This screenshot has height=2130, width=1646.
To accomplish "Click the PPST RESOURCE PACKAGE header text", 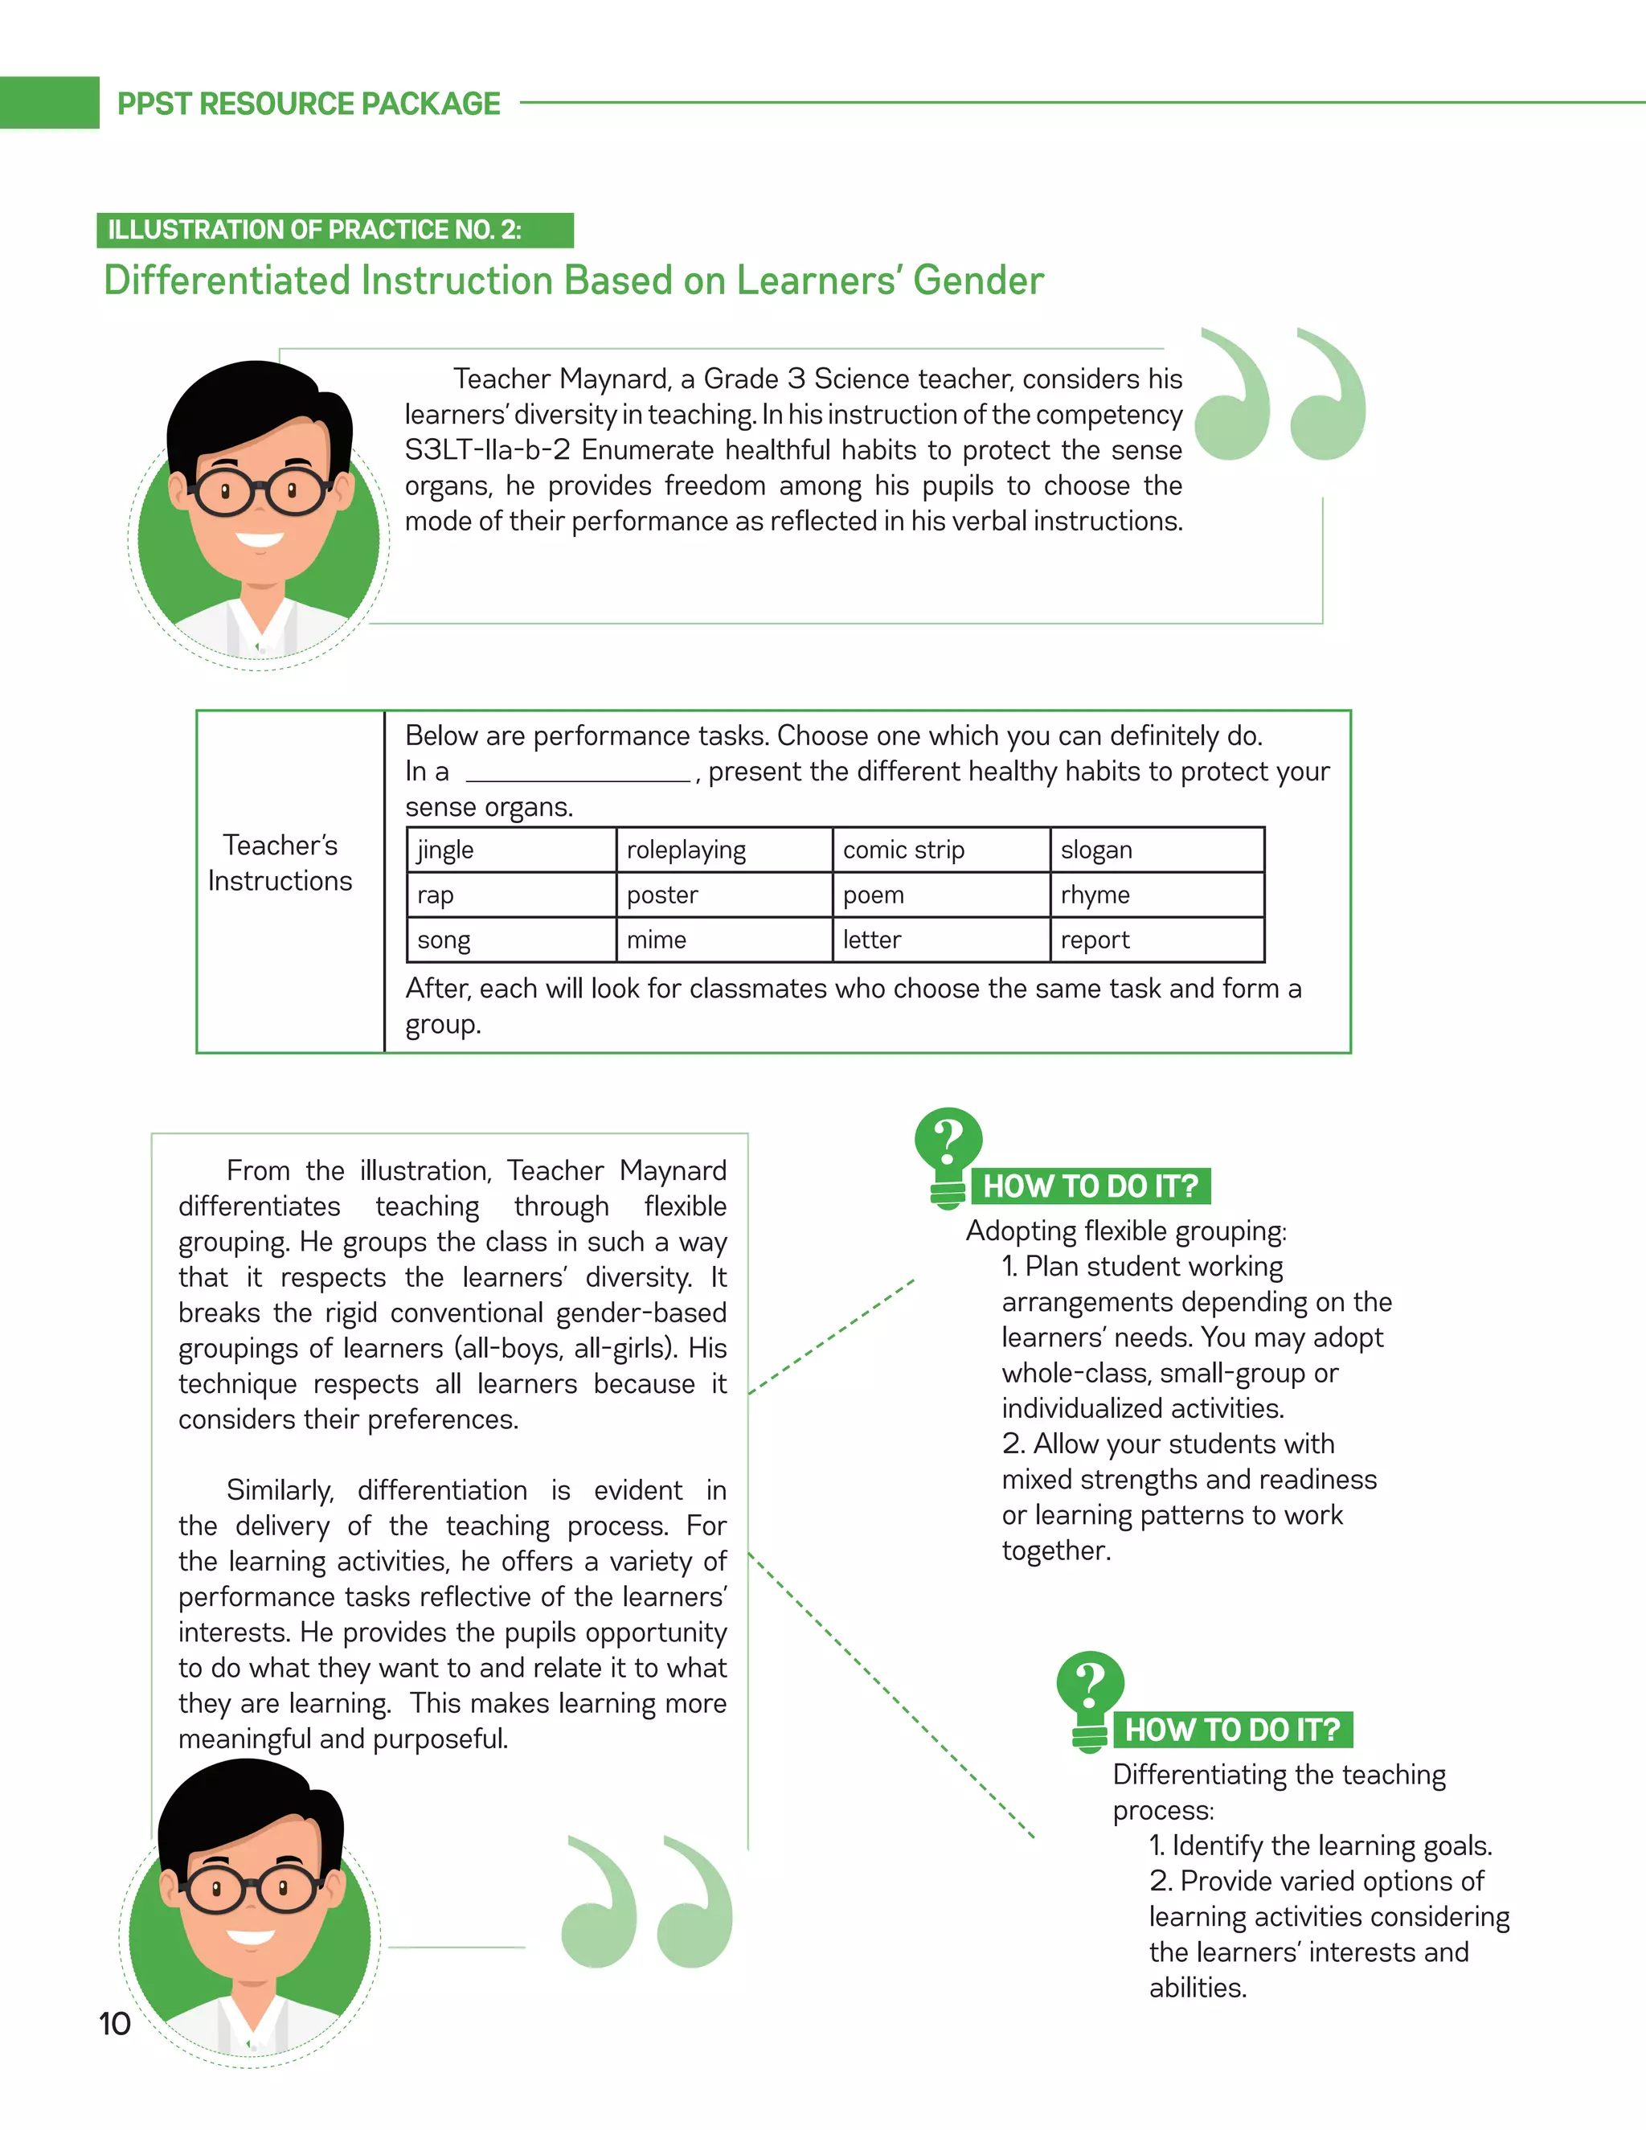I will pos(308,104).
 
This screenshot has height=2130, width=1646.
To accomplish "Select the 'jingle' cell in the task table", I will pos(511,850).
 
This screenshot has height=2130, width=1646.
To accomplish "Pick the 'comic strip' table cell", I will pos(941,850).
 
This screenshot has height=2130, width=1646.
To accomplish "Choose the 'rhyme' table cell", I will pos(1157,895).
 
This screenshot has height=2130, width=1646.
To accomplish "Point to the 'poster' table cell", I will pos(723,895).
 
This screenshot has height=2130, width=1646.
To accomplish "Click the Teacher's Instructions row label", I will pos(280,862).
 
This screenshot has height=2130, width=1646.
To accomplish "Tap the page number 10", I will pos(114,2024).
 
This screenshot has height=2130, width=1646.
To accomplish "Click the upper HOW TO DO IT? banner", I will pos(1090,1186).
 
